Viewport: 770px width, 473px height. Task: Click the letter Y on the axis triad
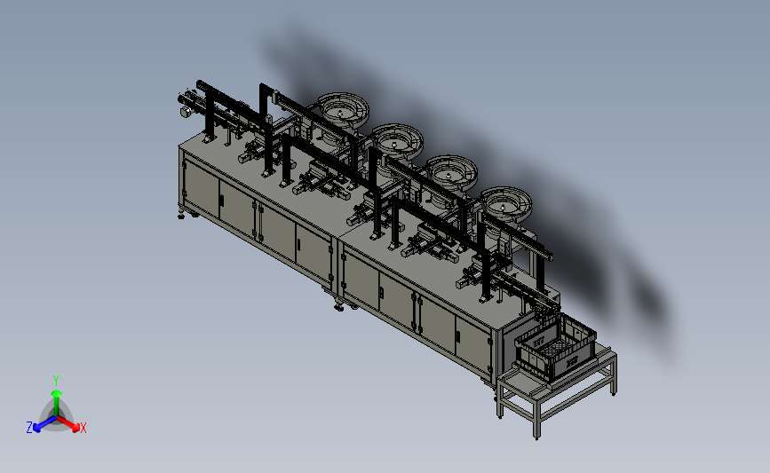pyautogui.click(x=56, y=381)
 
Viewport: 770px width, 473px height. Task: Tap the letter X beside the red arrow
pyautogui.click(x=83, y=428)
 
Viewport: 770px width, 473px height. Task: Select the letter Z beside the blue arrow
pyautogui.click(x=29, y=428)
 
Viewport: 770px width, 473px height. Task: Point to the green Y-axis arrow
pyautogui.click(x=57, y=403)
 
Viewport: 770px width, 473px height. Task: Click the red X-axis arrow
pyautogui.click(x=68, y=423)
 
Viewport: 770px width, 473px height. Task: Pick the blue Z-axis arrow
pyautogui.click(x=44, y=424)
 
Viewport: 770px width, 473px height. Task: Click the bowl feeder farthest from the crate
pyautogui.click(x=343, y=109)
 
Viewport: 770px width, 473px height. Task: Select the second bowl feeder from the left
pyautogui.click(x=397, y=140)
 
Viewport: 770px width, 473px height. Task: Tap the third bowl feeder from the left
pyautogui.click(x=452, y=171)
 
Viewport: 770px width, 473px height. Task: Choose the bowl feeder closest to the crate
pyautogui.click(x=506, y=202)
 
